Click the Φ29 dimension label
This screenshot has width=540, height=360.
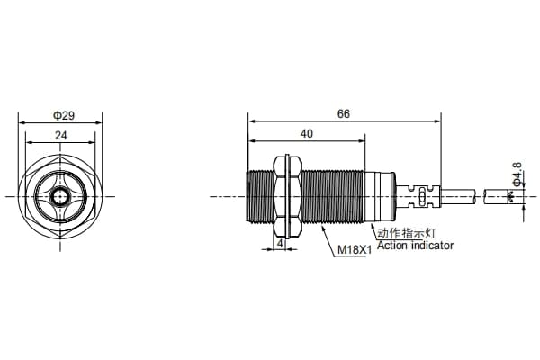point(64,115)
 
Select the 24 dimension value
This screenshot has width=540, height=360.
point(61,135)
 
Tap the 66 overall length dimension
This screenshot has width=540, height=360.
point(344,113)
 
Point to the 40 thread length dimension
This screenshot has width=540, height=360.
point(307,134)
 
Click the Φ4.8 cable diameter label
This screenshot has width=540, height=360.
point(517,174)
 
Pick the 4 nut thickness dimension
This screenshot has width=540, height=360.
point(280,244)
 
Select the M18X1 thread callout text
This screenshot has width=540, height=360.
point(355,250)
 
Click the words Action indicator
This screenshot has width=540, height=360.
point(415,246)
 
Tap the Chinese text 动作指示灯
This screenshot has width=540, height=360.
point(407,233)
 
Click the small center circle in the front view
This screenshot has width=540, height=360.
point(60,197)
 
